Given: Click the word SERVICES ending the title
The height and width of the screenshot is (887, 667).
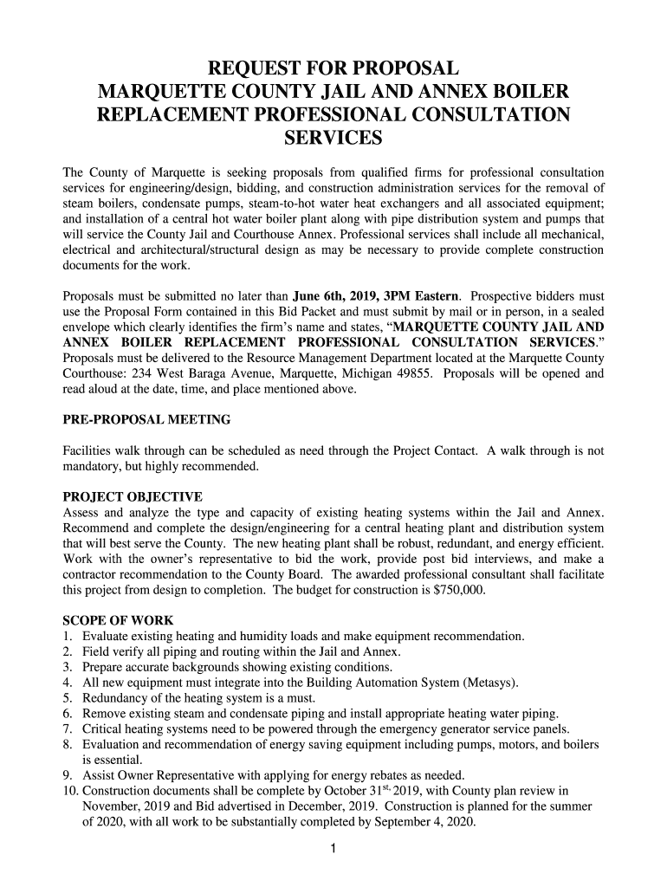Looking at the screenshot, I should pos(333,138).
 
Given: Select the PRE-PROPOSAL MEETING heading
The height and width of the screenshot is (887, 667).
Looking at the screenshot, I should pos(147,420).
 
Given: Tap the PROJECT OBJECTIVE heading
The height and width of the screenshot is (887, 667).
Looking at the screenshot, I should pos(133,497).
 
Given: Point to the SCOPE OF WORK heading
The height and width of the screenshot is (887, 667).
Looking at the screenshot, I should pos(120,621).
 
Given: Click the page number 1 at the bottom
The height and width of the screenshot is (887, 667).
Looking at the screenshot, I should pos(333,850).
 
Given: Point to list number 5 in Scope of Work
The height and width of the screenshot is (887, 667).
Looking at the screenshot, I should pos(68,698).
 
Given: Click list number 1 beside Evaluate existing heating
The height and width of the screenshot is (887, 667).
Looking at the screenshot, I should pos(68,637).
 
